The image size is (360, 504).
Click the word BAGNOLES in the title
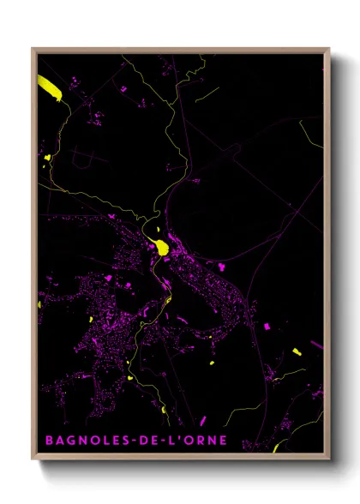[x=86, y=441]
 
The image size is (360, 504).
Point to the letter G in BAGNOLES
[x=71, y=441]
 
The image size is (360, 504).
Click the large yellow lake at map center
[x=160, y=248]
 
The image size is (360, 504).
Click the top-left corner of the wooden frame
[x=33, y=49]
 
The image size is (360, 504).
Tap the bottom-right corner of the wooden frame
[x=329, y=459]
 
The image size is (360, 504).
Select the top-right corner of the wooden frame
[x=329, y=49]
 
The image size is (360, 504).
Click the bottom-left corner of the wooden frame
[x=33, y=459]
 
